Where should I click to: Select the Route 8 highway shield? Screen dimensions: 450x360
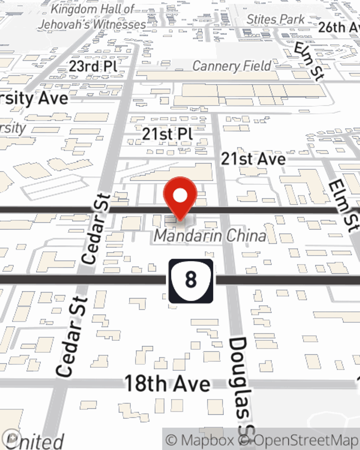[x=191, y=280]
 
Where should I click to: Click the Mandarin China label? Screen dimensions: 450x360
[x=210, y=236]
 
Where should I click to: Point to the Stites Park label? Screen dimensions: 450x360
[x=275, y=19]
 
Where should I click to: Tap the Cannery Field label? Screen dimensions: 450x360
[x=232, y=66]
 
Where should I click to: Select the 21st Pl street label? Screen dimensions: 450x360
[x=167, y=134]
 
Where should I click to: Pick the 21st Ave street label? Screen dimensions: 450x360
[x=253, y=159]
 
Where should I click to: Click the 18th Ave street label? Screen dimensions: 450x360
[x=167, y=383]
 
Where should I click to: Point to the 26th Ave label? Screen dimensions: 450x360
[x=338, y=27]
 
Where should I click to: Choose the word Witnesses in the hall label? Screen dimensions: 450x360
[x=119, y=24]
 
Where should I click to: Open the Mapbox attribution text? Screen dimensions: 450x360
[x=200, y=440]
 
